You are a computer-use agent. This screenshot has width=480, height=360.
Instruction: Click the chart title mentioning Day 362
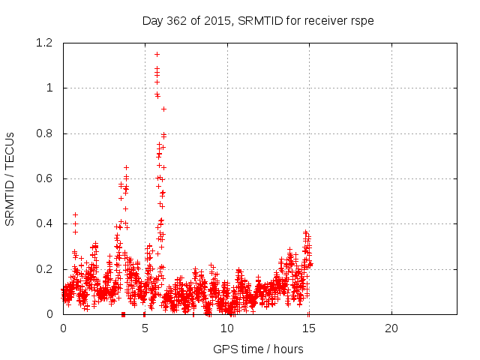[258, 20]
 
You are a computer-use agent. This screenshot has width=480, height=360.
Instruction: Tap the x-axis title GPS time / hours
[258, 349]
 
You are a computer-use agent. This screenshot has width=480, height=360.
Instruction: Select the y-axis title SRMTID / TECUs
[10, 178]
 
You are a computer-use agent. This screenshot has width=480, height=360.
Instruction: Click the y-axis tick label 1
[49, 88]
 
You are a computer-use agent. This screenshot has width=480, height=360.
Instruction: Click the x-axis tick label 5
[145, 328]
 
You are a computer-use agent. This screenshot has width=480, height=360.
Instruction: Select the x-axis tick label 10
[227, 328]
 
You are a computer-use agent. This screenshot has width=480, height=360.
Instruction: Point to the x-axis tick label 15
[309, 328]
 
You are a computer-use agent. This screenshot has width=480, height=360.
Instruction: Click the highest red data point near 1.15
[157, 54]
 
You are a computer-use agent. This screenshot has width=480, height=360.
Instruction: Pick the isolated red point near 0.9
[163, 109]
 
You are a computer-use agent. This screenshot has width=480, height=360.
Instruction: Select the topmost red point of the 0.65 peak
[126, 167]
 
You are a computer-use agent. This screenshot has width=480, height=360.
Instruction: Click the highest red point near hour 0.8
[75, 214]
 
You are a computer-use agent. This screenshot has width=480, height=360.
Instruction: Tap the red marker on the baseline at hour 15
[308, 313]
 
